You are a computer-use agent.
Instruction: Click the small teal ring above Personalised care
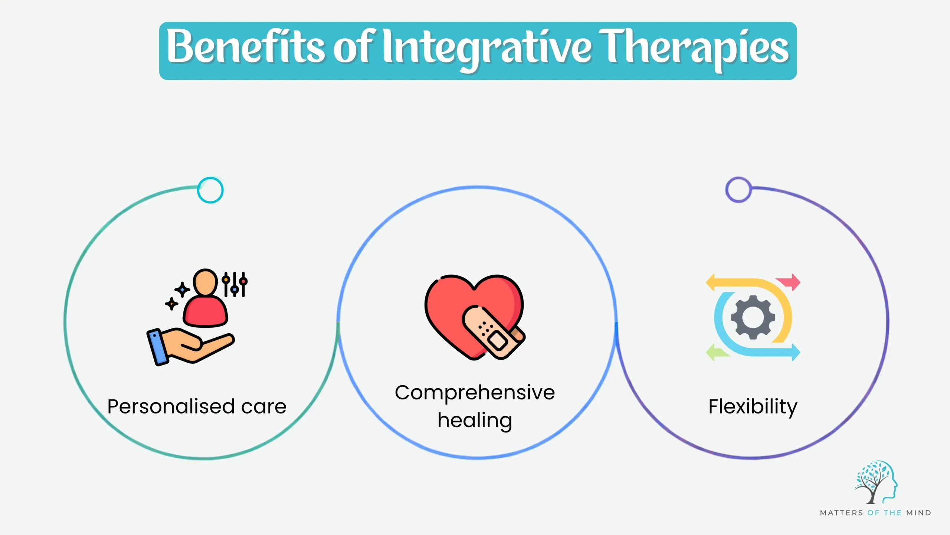[x=210, y=190]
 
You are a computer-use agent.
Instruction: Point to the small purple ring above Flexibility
[x=738, y=190]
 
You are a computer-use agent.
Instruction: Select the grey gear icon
[x=753, y=317]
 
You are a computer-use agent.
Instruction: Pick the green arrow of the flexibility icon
[x=716, y=352]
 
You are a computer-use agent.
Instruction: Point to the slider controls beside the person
[x=235, y=285]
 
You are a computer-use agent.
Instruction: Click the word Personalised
[x=171, y=406]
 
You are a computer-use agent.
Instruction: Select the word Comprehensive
[x=475, y=393]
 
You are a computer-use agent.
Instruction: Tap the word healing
[x=475, y=421]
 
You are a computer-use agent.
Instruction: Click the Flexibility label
[x=753, y=406]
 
